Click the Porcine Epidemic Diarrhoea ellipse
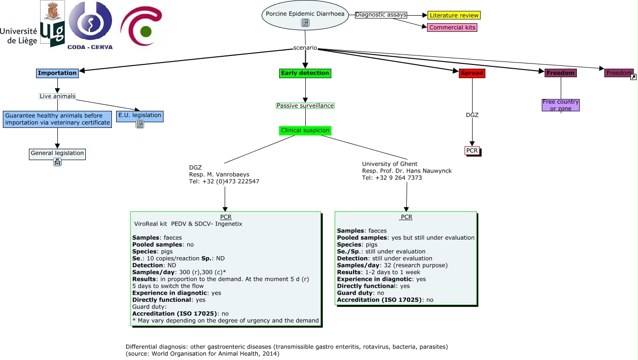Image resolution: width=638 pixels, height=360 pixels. [305, 15]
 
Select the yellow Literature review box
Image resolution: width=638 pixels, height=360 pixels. [454, 16]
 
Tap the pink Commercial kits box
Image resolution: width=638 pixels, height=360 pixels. [452, 27]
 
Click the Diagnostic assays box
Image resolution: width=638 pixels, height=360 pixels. [381, 15]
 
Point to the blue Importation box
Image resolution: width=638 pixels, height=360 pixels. [57, 73]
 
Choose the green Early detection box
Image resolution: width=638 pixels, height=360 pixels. [305, 73]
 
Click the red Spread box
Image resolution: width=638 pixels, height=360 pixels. [472, 73]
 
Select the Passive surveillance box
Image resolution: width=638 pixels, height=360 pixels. [305, 106]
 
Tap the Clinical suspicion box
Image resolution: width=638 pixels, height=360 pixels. [305, 130]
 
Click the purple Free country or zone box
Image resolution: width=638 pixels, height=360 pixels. [561, 105]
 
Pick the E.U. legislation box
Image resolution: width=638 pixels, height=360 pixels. [140, 116]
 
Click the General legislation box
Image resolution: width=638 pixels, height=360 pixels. [57, 154]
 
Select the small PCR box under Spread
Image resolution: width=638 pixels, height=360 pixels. [472, 151]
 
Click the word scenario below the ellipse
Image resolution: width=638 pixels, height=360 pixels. [305, 48]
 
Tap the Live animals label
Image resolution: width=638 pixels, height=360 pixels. [57, 96]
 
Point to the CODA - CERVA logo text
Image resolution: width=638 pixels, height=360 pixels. [90, 47]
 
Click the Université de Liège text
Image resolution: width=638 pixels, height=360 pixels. [19, 36]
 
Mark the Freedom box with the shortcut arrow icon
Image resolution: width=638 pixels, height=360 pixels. [619, 73]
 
